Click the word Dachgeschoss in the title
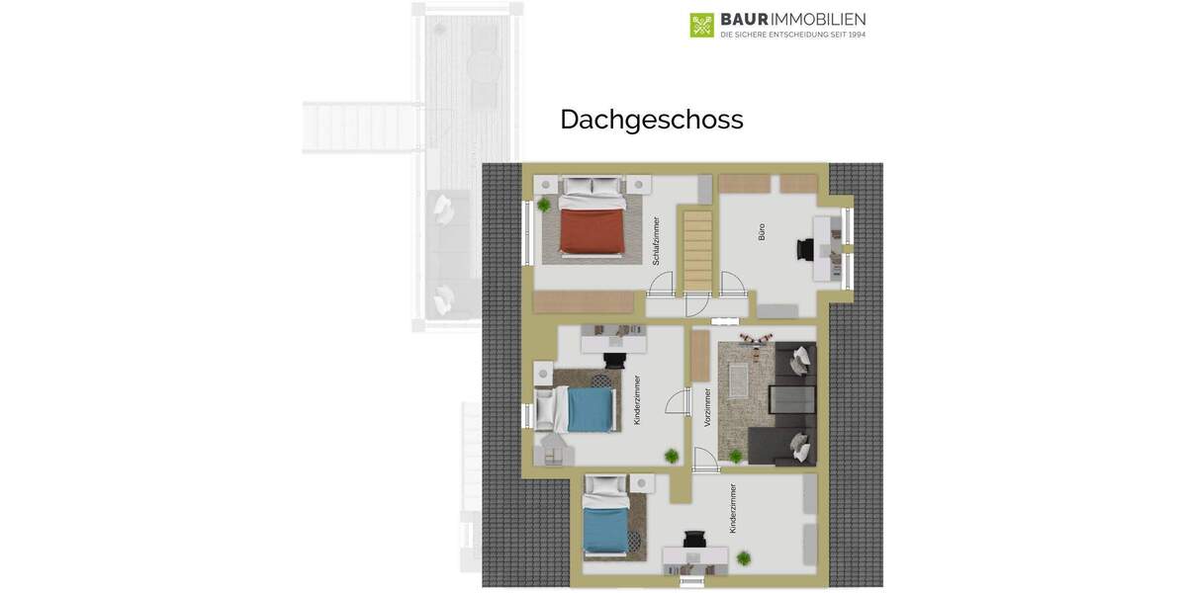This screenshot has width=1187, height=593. pyautogui.click(x=651, y=120)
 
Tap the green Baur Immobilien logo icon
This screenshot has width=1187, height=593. pyautogui.click(x=701, y=25)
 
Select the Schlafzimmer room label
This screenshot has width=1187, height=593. pyautogui.click(x=656, y=242)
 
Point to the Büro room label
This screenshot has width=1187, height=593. pyautogui.click(x=762, y=232)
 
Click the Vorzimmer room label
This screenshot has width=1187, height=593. pyautogui.click(x=707, y=407)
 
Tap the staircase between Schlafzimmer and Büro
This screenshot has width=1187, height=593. pyautogui.click(x=698, y=252)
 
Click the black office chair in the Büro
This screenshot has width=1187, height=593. pyautogui.click(x=802, y=250)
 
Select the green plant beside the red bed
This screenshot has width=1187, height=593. pyautogui.click(x=543, y=205)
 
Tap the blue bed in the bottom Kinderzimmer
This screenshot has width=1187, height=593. pyautogui.click(x=603, y=529)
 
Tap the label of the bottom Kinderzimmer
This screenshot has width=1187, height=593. pyautogui.click(x=733, y=508)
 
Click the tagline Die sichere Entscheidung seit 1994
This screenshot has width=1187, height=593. pyautogui.click(x=792, y=35)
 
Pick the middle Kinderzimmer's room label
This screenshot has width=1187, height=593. pyautogui.click(x=637, y=400)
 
